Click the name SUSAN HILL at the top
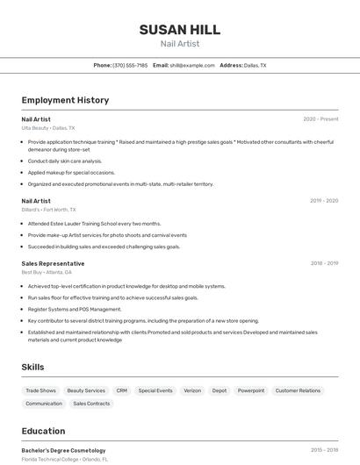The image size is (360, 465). (179, 30)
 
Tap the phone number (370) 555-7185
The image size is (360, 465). (130, 65)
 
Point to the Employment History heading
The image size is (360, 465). (65, 100)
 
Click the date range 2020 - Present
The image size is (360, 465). (320, 119)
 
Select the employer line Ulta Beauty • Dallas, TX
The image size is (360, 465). (48, 128)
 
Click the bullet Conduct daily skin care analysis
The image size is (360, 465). (65, 161)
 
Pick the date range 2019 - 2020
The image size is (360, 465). (323, 201)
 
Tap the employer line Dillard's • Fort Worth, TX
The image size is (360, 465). (49, 210)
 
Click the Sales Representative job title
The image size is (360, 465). (54, 263)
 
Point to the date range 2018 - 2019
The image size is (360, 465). (324, 263)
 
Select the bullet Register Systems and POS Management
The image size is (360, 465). (75, 309)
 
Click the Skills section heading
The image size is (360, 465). (33, 367)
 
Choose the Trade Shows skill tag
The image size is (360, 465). (40, 390)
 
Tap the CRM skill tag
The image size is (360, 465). (121, 390)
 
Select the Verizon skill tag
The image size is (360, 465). (192, 390)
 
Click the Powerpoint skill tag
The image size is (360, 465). (251, 390)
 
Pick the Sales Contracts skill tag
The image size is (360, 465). (91, 404)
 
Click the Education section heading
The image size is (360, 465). (44, 431)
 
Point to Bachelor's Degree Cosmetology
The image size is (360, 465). (63, 450)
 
